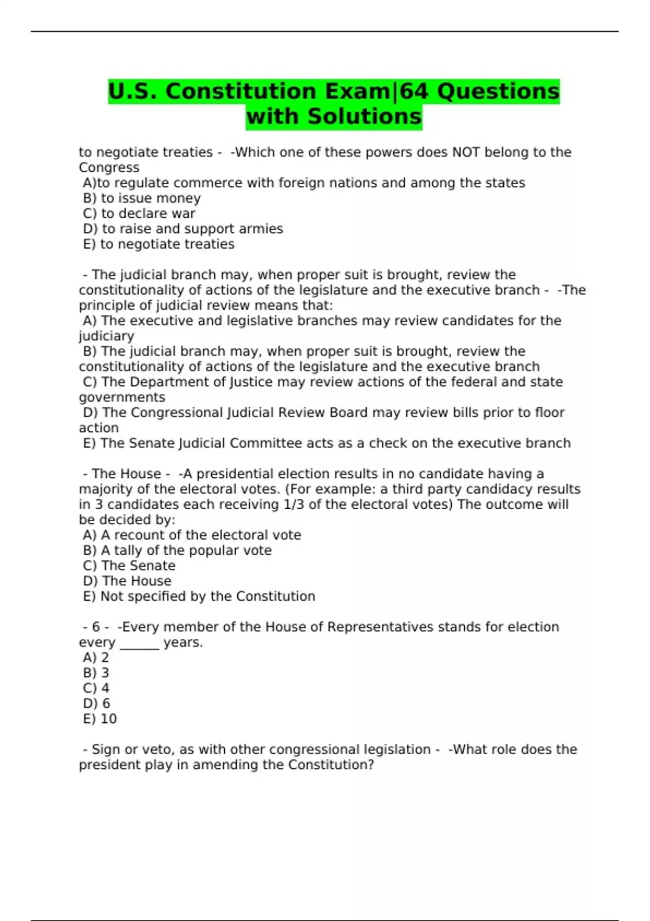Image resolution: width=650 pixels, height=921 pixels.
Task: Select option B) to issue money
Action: (142, 198)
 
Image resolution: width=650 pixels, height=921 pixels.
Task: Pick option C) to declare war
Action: (139, 213)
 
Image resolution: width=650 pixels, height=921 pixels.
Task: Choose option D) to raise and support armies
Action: (183, 229)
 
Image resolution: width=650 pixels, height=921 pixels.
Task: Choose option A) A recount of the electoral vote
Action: (192, 535)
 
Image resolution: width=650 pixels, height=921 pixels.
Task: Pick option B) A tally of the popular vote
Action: (177, 550)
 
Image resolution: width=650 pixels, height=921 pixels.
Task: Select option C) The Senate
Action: (129, 566)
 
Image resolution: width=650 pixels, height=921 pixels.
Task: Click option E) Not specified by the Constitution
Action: (199, 596)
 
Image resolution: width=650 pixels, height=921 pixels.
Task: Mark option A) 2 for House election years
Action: (96, 658)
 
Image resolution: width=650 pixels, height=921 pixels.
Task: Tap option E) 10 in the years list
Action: (100, 719)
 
